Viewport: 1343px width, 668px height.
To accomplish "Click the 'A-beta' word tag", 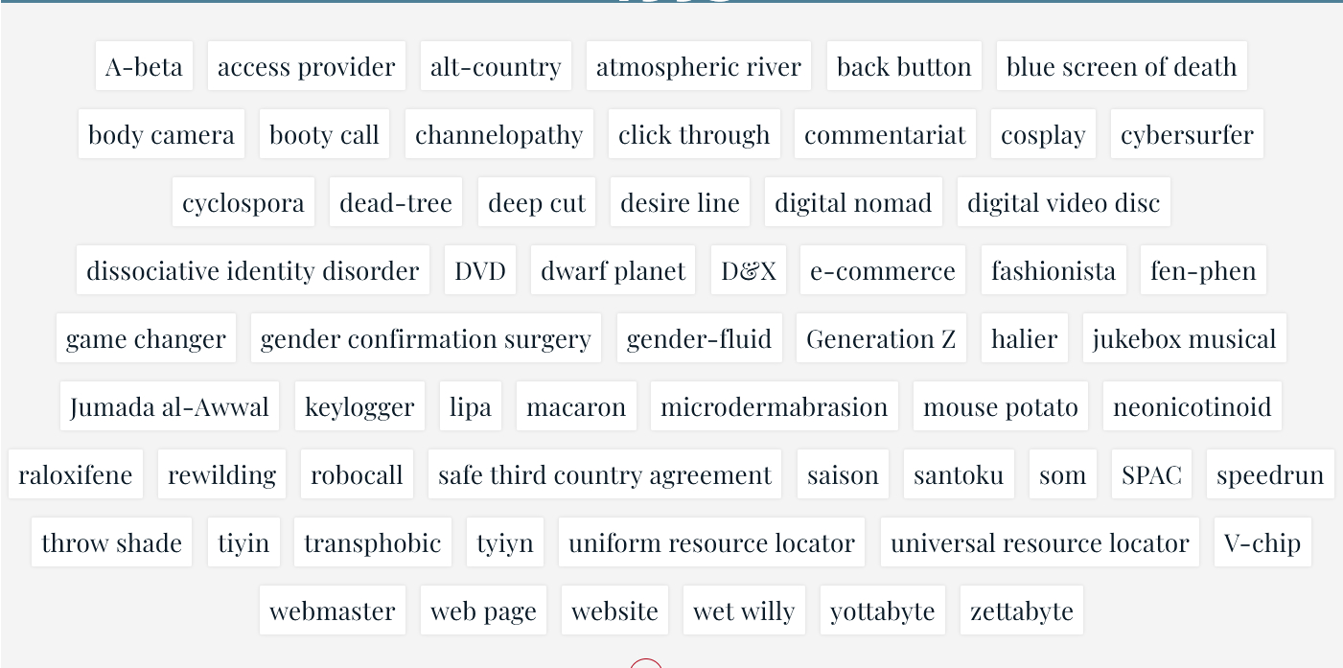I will coord(144,66).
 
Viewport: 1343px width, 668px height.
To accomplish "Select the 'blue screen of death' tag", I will coord(1122,66).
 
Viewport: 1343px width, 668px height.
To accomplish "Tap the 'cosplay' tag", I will coord(1043,134).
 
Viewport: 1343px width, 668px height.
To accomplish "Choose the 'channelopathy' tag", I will coord(498,134).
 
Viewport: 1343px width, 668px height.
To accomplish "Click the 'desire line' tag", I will coord(680,202).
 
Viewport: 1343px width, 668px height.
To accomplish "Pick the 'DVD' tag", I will coord(480,270).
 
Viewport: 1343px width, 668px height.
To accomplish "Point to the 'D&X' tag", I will coord(749,270).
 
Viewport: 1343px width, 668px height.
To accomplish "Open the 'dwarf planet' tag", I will coord(614,270).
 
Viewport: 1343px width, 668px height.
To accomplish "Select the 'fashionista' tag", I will coord(1054,270).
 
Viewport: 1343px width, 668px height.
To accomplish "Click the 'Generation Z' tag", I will coord(881,338).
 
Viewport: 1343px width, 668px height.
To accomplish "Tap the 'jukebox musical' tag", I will coord(1184,338).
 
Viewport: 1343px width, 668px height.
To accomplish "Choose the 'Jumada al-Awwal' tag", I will coord(170,406).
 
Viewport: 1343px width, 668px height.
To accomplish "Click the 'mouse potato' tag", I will coord(1001,406).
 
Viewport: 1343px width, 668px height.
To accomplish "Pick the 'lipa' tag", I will coord(471,406).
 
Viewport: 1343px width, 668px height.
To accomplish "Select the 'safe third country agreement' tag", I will coord(605,474).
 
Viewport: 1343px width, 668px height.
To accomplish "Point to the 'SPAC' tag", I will coord(1151,474).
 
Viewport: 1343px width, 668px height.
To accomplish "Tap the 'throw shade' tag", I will coord(111,542).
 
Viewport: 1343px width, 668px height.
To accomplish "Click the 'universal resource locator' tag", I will coord(1040,542).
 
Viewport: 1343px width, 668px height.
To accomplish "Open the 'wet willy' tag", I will coord(744,610).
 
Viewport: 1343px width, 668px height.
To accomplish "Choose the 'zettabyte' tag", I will coord(1022,610).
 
